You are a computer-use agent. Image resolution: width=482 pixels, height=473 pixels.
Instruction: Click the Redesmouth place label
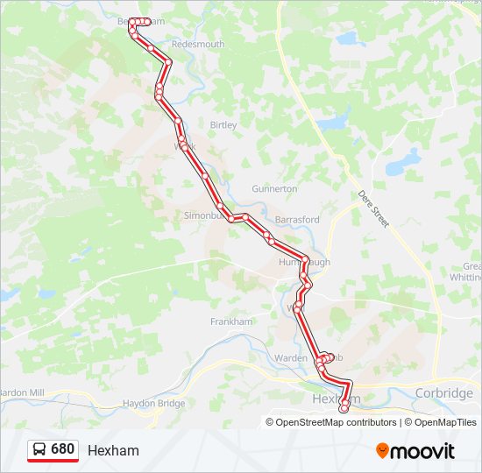(x=198, y=44)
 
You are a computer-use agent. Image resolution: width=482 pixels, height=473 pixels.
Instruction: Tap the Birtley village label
(x=223, y=125)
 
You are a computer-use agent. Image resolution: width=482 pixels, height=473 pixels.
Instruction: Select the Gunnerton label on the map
(x=274, y=188)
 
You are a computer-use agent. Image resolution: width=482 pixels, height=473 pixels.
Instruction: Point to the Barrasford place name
(x=297, y=219)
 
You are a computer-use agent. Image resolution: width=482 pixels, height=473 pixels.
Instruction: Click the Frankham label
(x=231, y=321)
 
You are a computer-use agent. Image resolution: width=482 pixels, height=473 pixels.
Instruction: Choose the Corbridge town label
(x=444, y=393)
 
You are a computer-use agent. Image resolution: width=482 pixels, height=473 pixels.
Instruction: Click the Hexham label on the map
(x=330, y=399)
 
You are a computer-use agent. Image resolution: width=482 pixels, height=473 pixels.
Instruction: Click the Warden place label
(x=291, y=357)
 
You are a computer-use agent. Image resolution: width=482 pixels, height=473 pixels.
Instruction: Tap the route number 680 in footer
(x=62, y=449)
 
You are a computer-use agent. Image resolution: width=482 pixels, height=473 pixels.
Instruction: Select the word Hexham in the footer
(x=113, y=450)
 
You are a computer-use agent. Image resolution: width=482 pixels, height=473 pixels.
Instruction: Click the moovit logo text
(x=423, y=451)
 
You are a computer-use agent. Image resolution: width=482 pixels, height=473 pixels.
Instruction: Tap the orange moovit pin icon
(x=382, y=450)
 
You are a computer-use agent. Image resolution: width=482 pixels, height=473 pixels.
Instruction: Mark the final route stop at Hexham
(x=344, y=404)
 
